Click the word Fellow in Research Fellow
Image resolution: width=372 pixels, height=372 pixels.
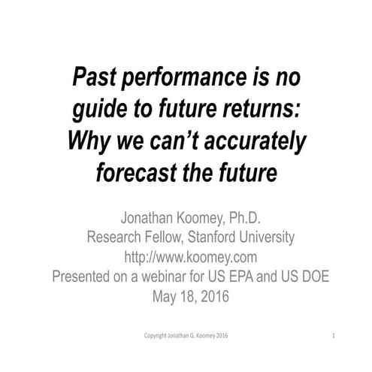coord(169,238)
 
